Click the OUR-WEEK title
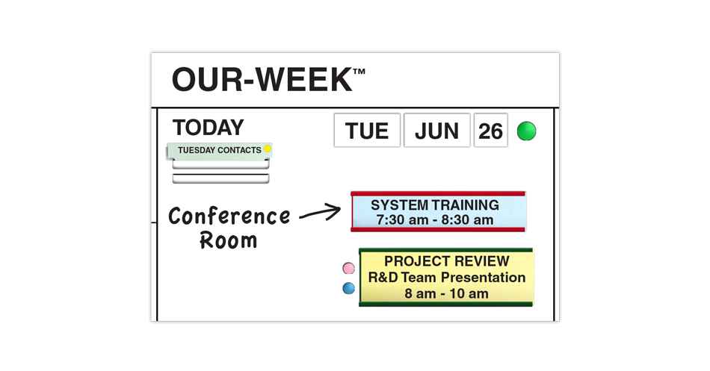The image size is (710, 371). (x=262, y=80)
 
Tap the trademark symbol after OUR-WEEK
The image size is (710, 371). (x=359, y=72)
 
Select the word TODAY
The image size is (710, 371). (x=209, y=128)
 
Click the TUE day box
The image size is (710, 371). (x=367, y=131)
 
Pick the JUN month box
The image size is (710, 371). (x=437, y=131)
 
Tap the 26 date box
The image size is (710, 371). (x=490, y=131)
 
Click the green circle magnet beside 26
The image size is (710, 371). (x=527, y=131)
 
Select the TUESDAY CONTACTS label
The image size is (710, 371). (x=220, y=150)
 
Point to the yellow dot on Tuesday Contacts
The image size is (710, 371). (x=267, y=149)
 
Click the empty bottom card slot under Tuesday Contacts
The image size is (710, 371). (x=221, y=178)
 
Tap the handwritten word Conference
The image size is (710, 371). (x=229, y=216)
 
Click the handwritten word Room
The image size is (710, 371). (x=229, y=240)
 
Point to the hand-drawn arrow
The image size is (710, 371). (x=320, y=213)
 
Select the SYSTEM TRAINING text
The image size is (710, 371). (x=435, y=205)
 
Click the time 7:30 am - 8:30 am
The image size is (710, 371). (x=435, y=220)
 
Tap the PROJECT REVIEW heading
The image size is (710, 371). (x=446, y=261)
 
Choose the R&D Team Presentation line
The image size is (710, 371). (x=446, y=277)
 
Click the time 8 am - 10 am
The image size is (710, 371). (x=446, y=293)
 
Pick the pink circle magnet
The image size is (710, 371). (x=349, y=268)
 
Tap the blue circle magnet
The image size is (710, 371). (x=349, y=288)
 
